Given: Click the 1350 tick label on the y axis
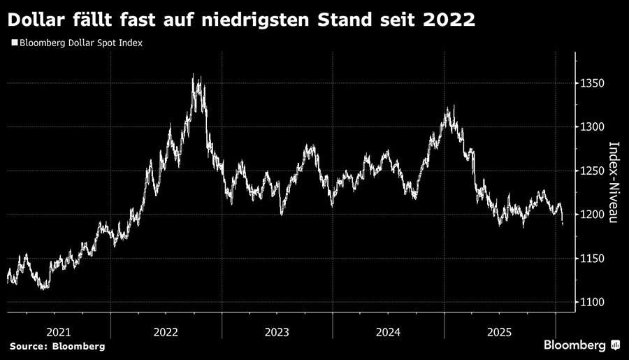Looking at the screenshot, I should click(x=593, y=83).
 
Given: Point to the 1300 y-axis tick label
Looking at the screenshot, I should click(x=593, y=127).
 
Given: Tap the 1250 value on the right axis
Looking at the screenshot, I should click(x=593, y=171).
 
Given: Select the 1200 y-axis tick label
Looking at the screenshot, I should click(x=593, y=215).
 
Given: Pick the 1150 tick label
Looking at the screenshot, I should click(x=593, y=259).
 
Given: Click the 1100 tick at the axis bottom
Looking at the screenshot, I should click(x=593, y=302).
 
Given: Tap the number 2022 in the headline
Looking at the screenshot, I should click(x=447, y=19).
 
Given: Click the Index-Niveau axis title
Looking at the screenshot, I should click(x=614, y=182).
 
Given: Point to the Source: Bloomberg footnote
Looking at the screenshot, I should click(x=57, y=347).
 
